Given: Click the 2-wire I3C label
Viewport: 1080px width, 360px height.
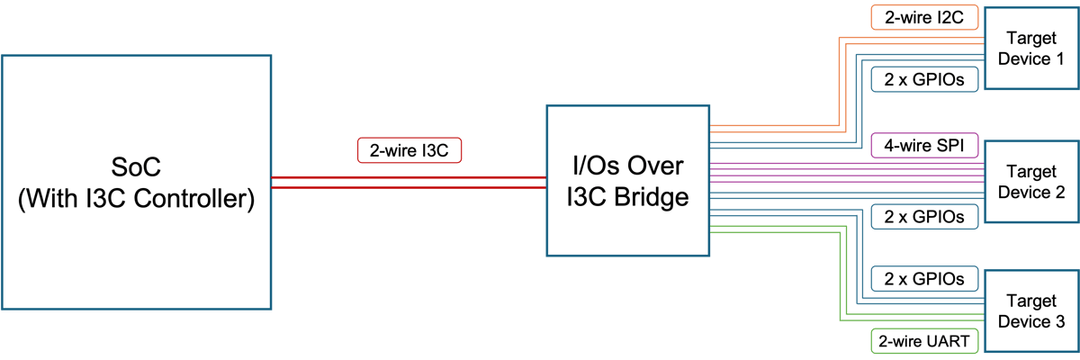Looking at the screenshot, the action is (x=409, y=150).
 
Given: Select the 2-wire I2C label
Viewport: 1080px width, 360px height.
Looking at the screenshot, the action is (x=924, y=17).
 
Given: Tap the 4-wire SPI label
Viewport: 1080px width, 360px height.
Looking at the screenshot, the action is (x=924, y=145).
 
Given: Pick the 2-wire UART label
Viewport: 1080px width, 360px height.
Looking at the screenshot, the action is (x=924, y=341).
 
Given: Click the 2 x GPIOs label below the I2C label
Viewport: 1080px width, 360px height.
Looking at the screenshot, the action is (x=924, y=79).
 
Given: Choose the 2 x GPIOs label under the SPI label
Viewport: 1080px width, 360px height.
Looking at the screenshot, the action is (x=924, y=217).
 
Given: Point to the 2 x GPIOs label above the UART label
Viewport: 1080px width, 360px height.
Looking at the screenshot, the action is (x=924, y=279).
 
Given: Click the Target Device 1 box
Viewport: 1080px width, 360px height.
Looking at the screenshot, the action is (x=1031, y=49).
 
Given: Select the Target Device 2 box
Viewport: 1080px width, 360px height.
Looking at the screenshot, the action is (x=1031, y=182).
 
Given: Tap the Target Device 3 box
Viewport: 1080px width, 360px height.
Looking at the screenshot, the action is (x=1031, y=310).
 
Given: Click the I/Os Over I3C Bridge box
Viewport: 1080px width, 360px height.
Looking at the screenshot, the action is (x=628, y=181).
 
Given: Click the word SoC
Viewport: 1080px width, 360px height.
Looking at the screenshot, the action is (x=136, y=167).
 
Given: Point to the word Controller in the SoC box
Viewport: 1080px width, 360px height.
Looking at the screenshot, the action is (x=193, y=199).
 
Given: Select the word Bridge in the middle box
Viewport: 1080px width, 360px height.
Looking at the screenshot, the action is (x=652, y=197).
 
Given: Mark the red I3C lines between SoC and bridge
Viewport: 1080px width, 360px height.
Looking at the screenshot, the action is (x=409, y=183).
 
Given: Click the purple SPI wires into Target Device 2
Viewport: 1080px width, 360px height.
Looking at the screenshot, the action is (x=847, y=173).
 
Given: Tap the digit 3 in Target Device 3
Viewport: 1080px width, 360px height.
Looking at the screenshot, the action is (x=1060, y=321).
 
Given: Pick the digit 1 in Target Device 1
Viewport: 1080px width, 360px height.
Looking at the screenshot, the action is (x=1060, y=58).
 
